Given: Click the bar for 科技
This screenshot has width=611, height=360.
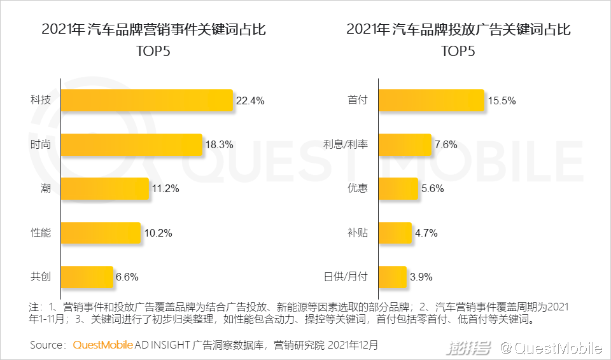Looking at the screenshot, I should (146, 100).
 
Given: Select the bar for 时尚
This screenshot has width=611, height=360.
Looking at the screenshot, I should (131, 144).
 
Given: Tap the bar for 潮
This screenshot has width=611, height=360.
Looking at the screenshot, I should (104, 188).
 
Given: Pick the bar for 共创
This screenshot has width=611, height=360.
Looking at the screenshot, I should (87, 277).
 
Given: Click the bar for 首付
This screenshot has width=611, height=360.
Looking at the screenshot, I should (432, 100).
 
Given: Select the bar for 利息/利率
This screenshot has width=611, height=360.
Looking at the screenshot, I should (405, 144).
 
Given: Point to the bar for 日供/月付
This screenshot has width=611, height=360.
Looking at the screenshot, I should (393, 277).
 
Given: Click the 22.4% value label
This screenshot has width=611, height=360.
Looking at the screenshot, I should (249, 100).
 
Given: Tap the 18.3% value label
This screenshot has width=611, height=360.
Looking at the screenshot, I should (219, 144).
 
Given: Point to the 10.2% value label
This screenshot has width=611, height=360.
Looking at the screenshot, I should (158, 233).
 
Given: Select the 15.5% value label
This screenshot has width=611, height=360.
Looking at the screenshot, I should (502, 100).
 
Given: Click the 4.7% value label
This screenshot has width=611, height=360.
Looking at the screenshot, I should (426, 233).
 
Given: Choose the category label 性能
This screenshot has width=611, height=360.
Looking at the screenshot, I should (41, 233).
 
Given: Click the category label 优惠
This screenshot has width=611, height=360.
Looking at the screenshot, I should (357, 188).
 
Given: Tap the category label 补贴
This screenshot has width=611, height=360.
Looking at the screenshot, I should (357, 233).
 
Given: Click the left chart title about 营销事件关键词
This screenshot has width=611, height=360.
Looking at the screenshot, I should (153, 29).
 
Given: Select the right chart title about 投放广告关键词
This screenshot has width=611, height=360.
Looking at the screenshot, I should (458, 29).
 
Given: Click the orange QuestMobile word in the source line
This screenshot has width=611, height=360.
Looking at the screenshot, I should (103, 345).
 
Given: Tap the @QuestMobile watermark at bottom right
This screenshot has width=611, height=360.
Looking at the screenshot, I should (550, 347).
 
